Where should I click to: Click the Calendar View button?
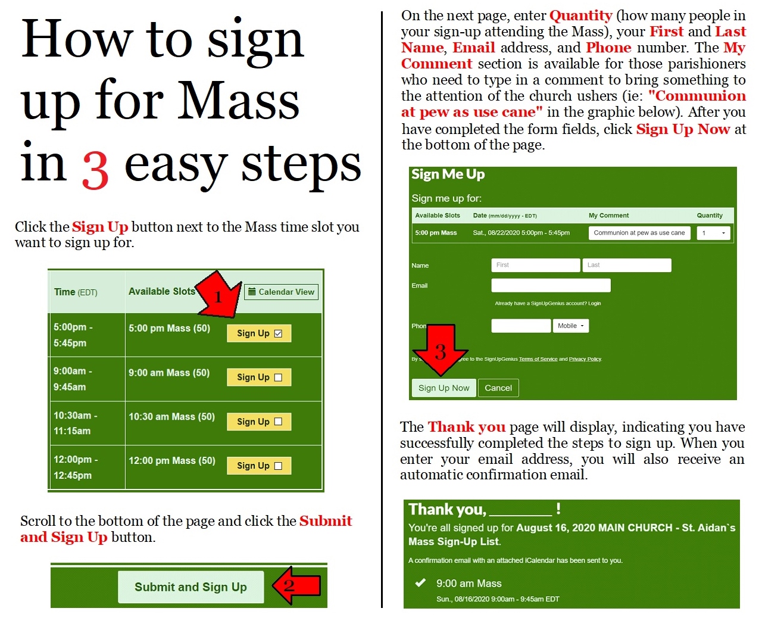click(x=281, y=292)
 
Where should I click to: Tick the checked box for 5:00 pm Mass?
click(x=278, y=333)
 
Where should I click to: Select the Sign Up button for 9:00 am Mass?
click(x=259, y=377)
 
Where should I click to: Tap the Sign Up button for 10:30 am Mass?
click(x=259, y=422)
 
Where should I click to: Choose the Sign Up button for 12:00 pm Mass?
click(x=259, y=466)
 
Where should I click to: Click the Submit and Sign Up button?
click(x=190, y=587)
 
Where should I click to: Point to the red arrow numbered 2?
click(x=296, y=585)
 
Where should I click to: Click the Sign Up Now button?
click(x=444, y=388)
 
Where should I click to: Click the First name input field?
click(x=535, y=265)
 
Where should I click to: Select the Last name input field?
click(x=627, y=265)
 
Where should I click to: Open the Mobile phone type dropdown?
click(x=571, y=326)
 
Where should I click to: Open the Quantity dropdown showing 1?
click(x=713, y=233)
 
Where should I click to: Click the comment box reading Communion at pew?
click(x=639, y=233)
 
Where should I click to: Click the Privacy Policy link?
click(x=585, y=359)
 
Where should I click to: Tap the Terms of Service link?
click(x=538, y=359)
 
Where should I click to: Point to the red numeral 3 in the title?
click(x=96, y=171)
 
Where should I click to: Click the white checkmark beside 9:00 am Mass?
click(x=420, y=582)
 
